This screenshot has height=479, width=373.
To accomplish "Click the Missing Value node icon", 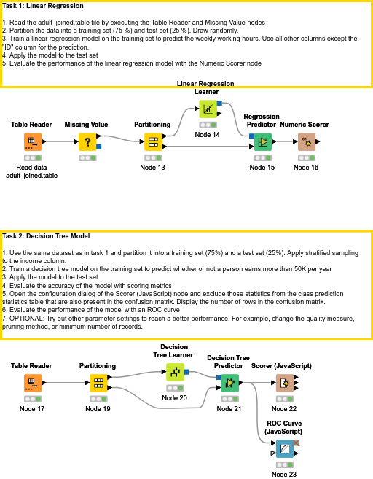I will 87,141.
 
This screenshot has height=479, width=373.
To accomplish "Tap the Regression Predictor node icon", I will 262,141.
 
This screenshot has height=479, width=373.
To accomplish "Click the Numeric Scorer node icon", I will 307,141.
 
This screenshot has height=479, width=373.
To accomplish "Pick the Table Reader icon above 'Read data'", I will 32,141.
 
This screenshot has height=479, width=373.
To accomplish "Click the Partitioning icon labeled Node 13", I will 152,141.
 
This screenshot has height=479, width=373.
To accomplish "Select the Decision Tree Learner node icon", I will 175,373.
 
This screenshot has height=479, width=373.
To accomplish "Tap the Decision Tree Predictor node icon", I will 229,382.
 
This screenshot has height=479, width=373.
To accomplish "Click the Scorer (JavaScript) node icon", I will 284,382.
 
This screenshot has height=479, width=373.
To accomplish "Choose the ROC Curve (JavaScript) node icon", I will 284,448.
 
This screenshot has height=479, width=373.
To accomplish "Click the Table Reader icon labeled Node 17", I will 32,382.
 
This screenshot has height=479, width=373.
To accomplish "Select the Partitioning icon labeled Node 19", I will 98,382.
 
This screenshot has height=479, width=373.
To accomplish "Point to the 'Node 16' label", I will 306,168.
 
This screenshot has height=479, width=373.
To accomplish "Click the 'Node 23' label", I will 284,475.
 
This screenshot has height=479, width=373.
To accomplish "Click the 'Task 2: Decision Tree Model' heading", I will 46,236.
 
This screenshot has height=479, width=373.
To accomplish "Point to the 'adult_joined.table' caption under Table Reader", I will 32,176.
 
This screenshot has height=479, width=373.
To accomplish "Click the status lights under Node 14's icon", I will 208,125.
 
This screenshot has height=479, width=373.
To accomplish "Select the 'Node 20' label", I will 175,398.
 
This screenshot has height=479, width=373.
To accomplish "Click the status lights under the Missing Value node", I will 87,157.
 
